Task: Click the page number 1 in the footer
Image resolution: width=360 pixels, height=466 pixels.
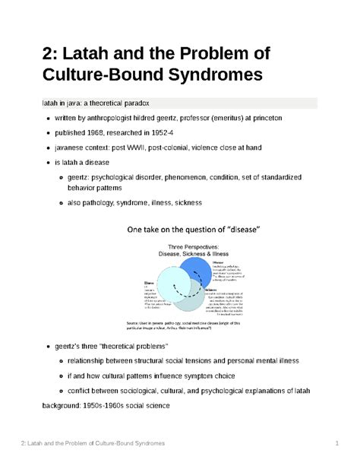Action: [335, 442]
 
